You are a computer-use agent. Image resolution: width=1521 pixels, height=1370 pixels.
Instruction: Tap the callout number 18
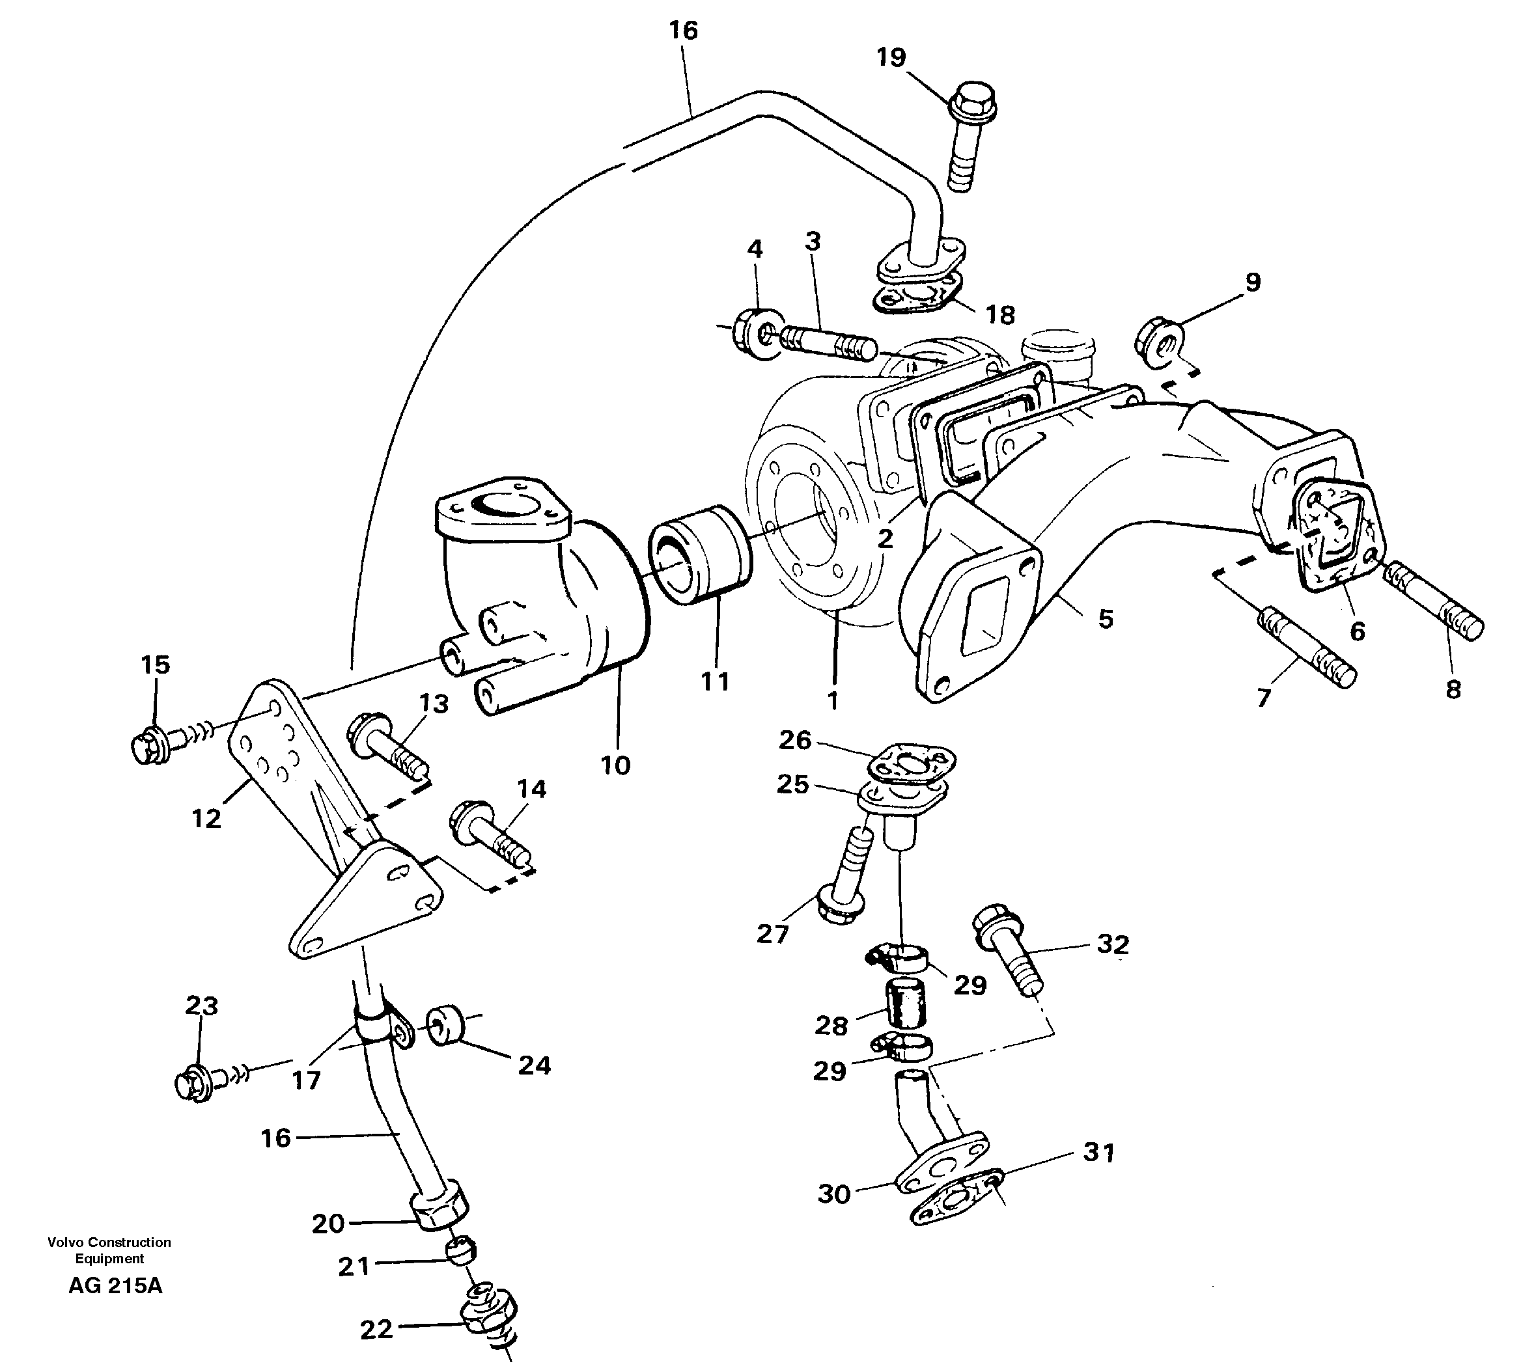(x=1000, y=314)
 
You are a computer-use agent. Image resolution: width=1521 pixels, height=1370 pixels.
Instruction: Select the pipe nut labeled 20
(x=440, y=1211)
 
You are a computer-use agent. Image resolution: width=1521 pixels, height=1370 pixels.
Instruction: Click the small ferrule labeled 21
(x=460, y=1250)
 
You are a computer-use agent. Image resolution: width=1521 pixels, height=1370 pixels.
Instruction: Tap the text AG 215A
(x=115, y=1285)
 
